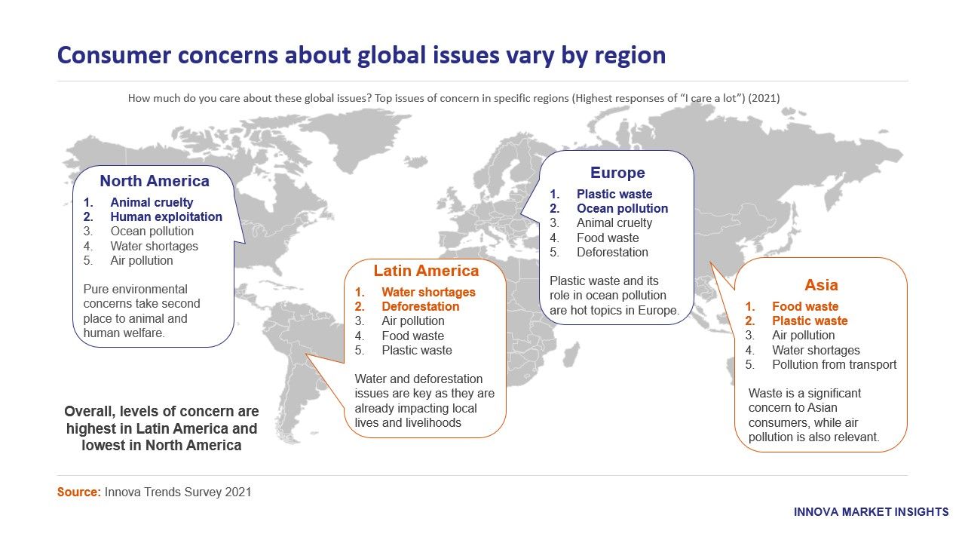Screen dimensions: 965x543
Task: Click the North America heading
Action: tap(155, 181)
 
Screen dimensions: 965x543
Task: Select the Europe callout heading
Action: tap(617, 173)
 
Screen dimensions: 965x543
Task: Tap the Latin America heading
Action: tap(426, 271)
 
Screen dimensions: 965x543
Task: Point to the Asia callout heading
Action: tap(821, 285)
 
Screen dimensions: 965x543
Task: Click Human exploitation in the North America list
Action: tap(167, 216)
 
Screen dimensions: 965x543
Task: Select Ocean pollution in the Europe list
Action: tap(622, 209)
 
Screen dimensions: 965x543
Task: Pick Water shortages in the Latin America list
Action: tap(428, 292)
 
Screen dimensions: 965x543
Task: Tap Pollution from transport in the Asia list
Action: tap(834, 364)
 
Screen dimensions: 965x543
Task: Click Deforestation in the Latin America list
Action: tap(421, 306)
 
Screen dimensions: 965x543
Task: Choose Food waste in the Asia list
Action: tap(805, 306)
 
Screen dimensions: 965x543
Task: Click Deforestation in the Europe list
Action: tap(612, 252)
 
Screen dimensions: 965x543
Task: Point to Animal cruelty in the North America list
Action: tap(152, 203)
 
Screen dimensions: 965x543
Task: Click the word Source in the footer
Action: tap(78, 492)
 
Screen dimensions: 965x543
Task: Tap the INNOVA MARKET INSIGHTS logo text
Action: tap(871, 512)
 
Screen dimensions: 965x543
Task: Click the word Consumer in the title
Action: tap(114, 56)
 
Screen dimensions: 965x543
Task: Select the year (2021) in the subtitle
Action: tap(764, 98)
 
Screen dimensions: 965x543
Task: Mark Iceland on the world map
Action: tap(415, 162)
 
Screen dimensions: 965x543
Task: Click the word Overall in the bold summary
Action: tap(89, 412)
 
